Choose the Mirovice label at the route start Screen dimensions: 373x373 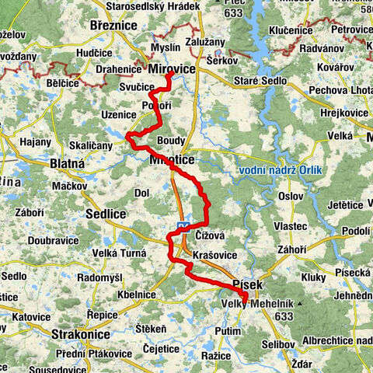tap(171, 69)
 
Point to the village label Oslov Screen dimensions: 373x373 tap(289, 195)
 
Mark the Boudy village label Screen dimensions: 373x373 tap(171, 141)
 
